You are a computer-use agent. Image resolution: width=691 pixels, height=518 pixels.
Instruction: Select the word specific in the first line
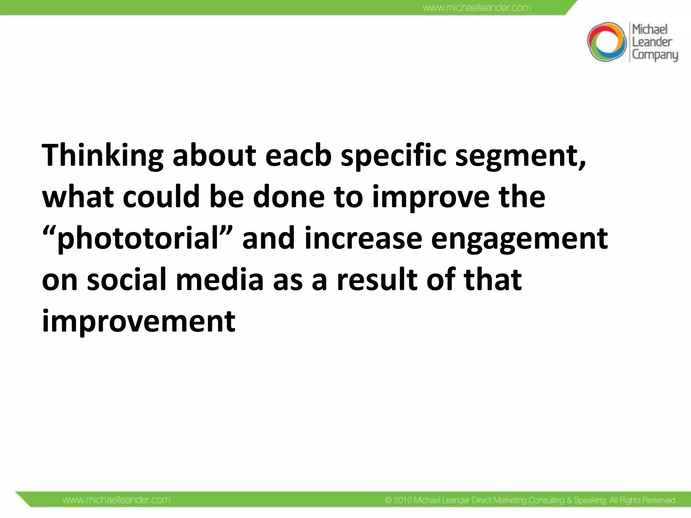pos(393,156)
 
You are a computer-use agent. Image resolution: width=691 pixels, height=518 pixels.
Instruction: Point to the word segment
pos(520,156)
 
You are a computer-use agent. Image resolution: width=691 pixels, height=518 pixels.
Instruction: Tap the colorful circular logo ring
pos(607,42)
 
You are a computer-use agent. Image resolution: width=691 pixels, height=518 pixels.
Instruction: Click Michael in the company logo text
pos(649,30)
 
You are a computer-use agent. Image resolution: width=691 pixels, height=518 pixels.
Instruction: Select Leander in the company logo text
pos(652,42)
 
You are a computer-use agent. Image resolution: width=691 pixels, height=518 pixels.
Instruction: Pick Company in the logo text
pos(655,55)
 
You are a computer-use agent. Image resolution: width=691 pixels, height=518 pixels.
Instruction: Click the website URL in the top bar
pos(476,7)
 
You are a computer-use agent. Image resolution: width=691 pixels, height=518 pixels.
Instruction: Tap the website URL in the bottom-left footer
pos(116,500)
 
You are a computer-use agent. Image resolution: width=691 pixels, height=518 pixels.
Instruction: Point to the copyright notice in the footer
pos(530,500)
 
